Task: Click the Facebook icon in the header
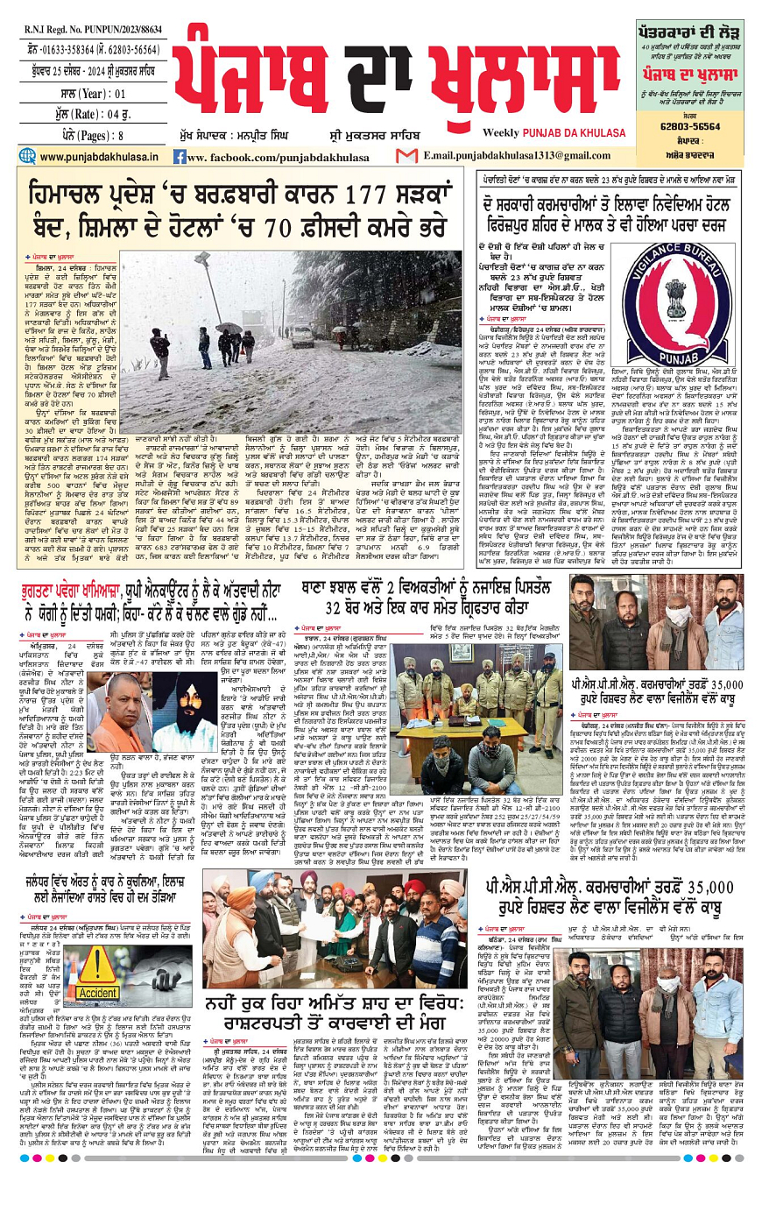(x=179, y=157)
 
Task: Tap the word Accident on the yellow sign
(x=98, y=994)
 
